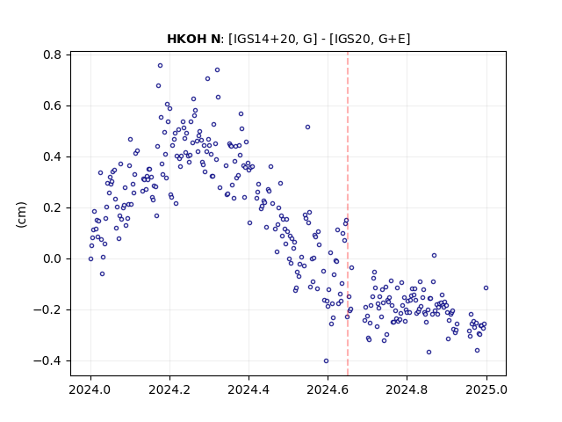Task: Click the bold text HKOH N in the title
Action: (x=193, y=39)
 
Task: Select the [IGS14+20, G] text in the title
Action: (x=273, y=39)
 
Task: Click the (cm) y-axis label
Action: (x=21, y=215)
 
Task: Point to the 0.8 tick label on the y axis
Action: (x=52, y=55)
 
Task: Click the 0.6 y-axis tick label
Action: (x=52, y=105)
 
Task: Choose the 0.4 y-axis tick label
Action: (x=52, y=156)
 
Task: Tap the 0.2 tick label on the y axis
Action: (x=52, y=207)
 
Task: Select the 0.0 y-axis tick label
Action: (x=52, y=258)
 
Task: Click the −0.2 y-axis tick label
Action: (x=47, y=309)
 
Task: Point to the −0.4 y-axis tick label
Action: (x=47, y=360)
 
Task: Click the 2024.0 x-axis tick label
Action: (x=90, y=389)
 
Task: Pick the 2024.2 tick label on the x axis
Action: (x=169, y=389)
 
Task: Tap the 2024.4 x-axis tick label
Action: (x=249, y=389)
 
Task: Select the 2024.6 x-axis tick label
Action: (x=328, y=389)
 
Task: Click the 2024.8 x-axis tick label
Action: (x=407, y=389)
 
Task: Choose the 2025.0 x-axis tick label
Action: (x=486, y=389)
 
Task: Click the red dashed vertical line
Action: (x=348, y=214)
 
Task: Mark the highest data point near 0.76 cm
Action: (x=160, y=65)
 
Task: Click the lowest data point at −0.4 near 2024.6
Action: (x=326, y=361)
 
